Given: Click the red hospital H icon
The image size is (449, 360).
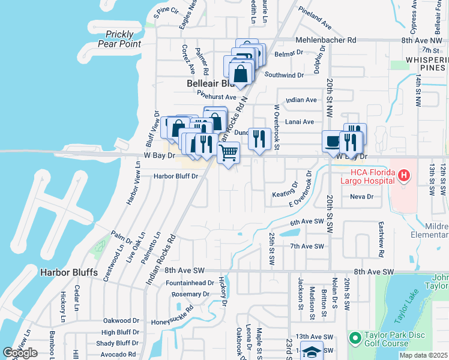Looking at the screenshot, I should pyautogui.click(x=404, y=176).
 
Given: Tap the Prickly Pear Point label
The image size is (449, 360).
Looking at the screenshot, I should pyautogui.click(x=122, y=39).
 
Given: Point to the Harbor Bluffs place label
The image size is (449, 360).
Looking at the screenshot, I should pyautogui.click(x=69, y=272).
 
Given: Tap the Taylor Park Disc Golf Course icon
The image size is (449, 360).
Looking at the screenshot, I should pyautogui.click(x=354, y=339).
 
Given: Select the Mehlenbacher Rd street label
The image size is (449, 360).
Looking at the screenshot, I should pyautogui.click(x=326, y=40).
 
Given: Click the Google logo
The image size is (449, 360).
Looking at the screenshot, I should pyautogui.click(x=20, y=353).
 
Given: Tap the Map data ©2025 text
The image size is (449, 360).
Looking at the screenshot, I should pyautogui.click(x=423, y=355).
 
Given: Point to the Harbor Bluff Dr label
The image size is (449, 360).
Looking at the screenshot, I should pyautogui.click(x=176, y=176).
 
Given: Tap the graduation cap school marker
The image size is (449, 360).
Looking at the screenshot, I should pyautogui.click(x=312, y=351).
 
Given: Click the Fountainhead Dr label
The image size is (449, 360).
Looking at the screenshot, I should pyautogui.click(x=190, y=283).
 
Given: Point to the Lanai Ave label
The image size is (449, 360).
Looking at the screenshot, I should pyautogui.click(x=300, y=122).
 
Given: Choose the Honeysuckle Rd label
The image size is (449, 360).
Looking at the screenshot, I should pyautogui.click(x=173, y=316).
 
